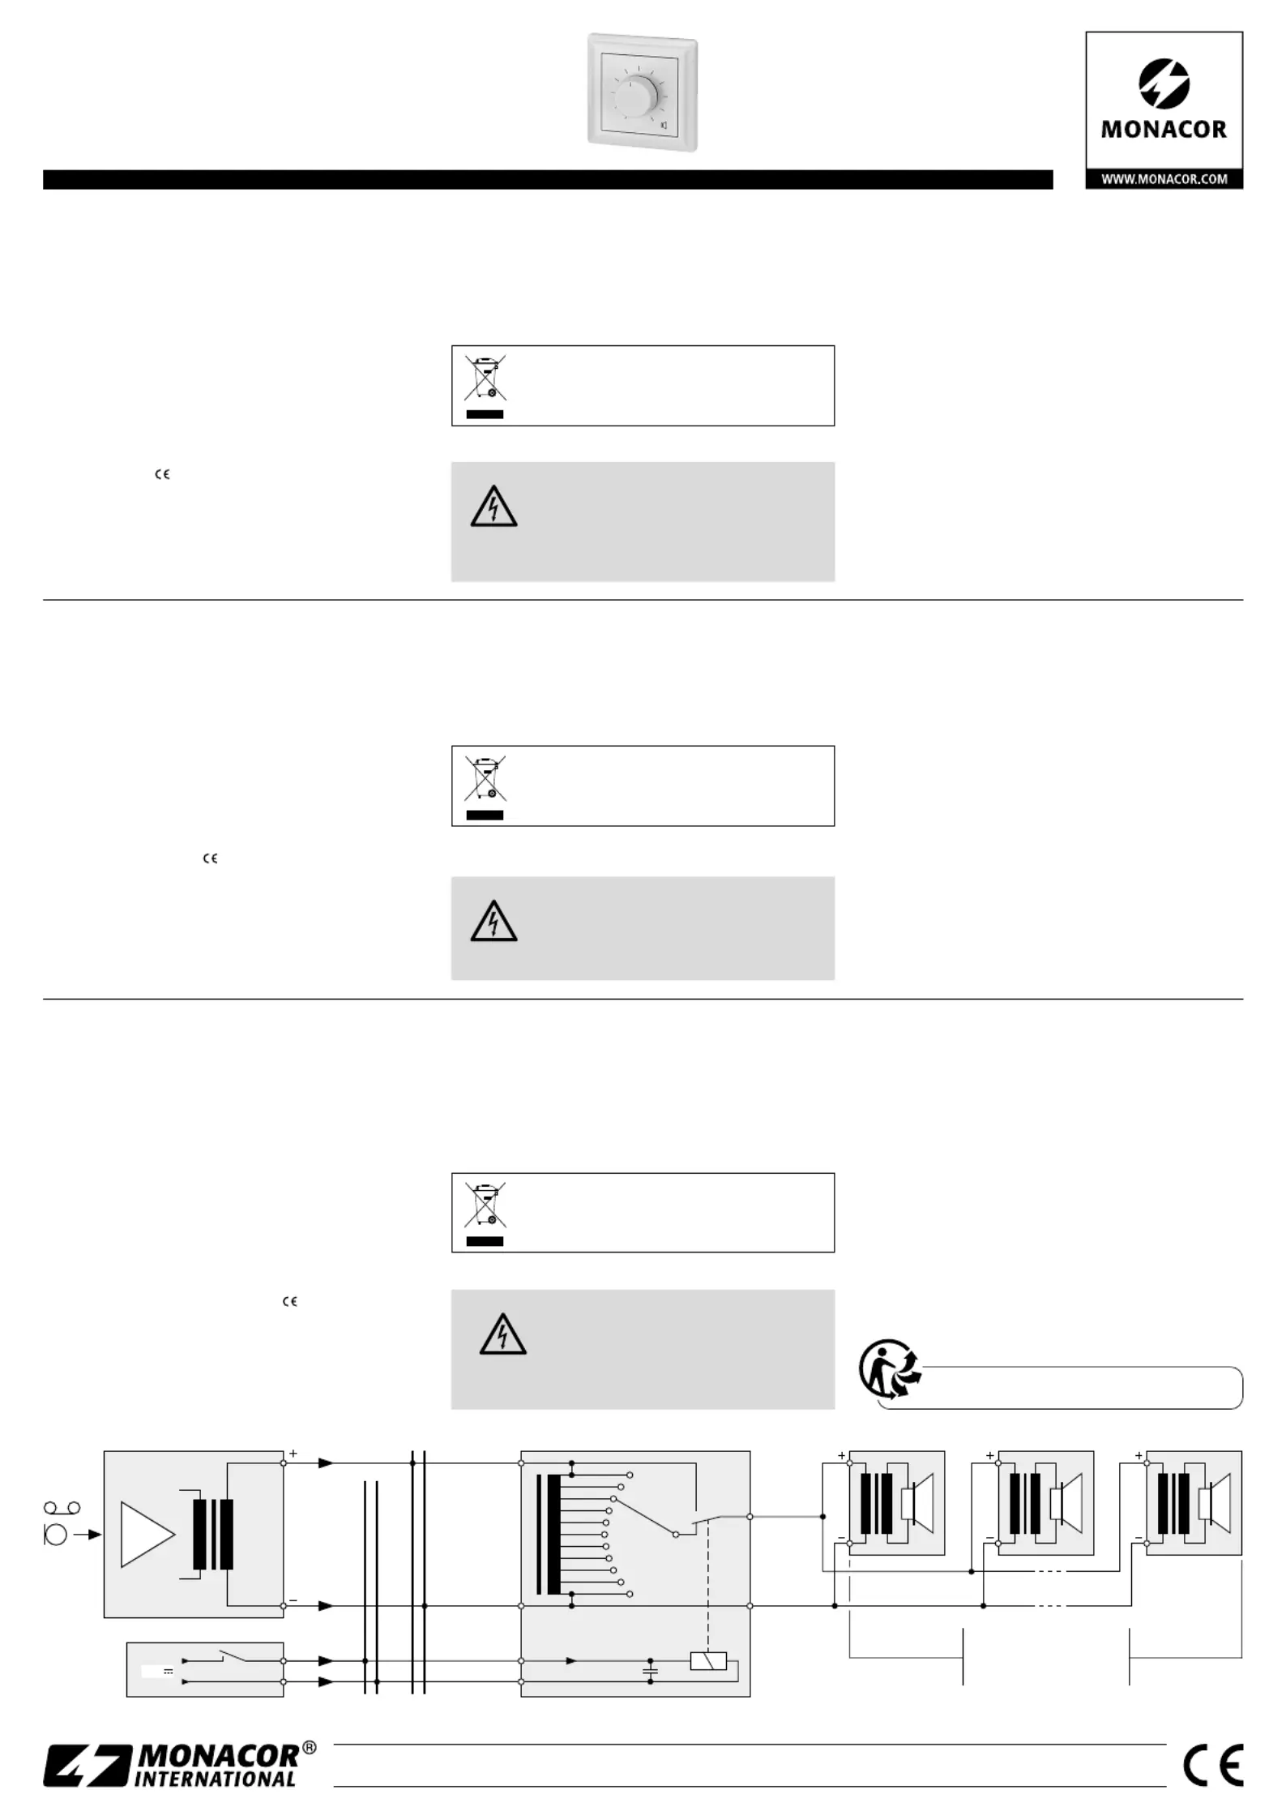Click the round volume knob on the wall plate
(x=639, y=96)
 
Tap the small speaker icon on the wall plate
(x=664, y=126)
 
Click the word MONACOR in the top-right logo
(x=1164, y=129)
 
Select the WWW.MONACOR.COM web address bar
(x=1164, y=179)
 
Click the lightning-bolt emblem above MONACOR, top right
(x=1164, y=84)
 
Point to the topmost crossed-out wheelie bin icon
(x=485, y=377)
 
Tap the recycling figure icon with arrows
(x=890, y=1369)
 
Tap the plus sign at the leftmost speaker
(x=841, y=1455)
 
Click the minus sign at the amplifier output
(x=293, y=1599)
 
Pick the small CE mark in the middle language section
(x=211, y=859)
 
